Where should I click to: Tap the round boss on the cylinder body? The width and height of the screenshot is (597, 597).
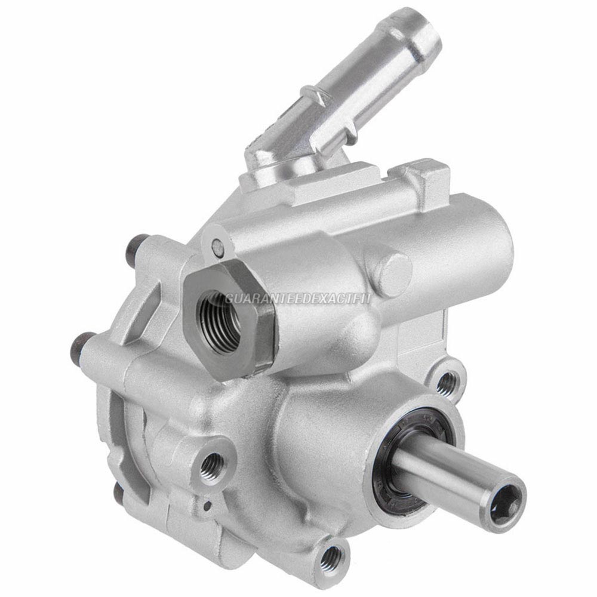(390, 265)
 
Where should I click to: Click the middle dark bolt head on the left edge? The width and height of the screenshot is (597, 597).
(79, 344)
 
